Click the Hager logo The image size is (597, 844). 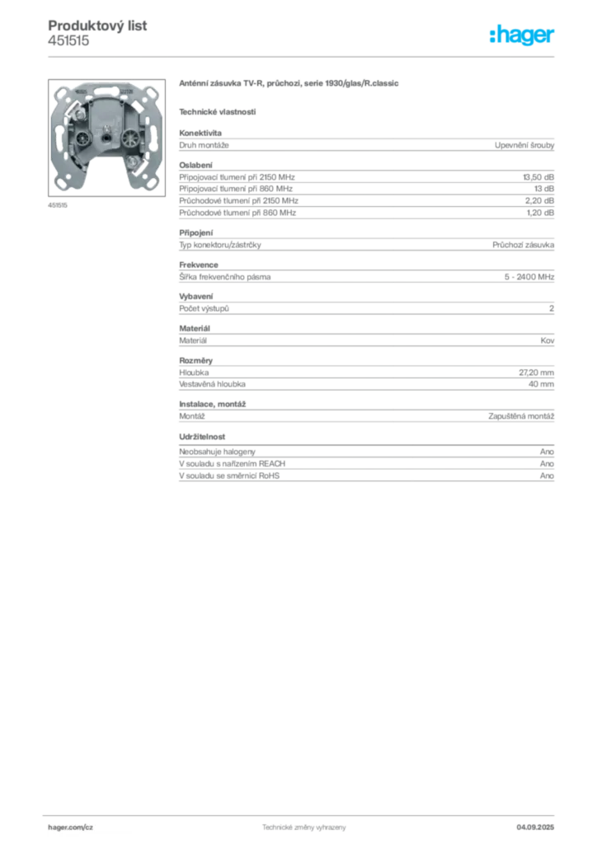point(522,35)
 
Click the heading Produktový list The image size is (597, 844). point(97,26)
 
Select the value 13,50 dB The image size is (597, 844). point(538,177)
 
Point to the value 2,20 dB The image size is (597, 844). point(539,201)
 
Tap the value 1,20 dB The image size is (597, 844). point(540,213)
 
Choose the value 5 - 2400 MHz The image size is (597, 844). point(529,277)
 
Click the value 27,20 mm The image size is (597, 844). point(536,373)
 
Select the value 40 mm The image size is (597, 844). point(541,384)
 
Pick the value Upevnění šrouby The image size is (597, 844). point(524,145)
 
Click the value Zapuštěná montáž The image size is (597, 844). point(521,416)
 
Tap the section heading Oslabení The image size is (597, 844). point(196,165)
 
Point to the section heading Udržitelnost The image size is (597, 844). point(202,437)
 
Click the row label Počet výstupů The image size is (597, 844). point(204,308)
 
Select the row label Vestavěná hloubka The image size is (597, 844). point(212,384)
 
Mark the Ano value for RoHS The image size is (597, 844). point(547,476)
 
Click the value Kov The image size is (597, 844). point(548,340)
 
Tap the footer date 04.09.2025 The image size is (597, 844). point(535,828)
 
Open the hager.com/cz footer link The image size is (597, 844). point(71,828)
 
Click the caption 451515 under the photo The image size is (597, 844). point(58,205)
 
